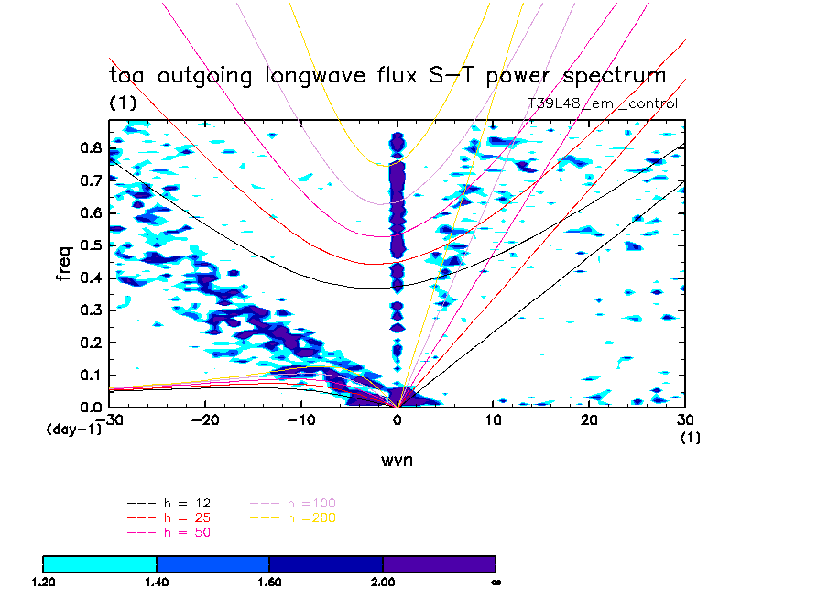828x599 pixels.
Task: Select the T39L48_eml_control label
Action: (x=603, y=103)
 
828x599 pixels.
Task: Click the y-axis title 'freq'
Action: (x=65, y=260)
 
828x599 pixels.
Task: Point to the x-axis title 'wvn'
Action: (x=397, y=460)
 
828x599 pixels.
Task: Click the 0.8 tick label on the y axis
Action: (x=91, y=147)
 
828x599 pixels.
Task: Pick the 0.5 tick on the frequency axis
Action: (x=91, y=245)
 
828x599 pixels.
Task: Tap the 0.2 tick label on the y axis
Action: (x=91, y=343)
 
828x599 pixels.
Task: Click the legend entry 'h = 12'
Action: (x=170, y=504)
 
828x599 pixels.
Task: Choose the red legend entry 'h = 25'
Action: (x=170, y=517)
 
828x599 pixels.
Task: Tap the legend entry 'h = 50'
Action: (x=170, y=532)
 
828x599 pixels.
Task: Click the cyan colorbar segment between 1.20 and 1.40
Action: (x=100, y=563)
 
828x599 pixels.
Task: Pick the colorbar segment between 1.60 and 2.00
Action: (x=326, y=563)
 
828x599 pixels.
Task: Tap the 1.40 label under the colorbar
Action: (x=157, y=582)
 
